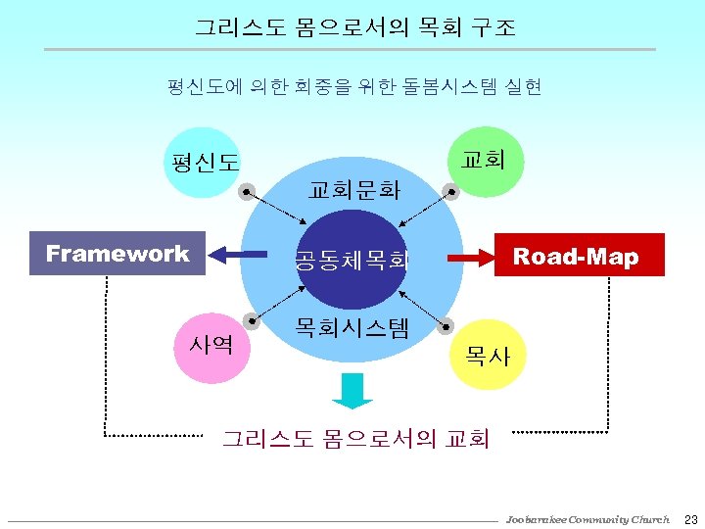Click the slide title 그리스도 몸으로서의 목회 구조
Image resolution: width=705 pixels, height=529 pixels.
pos(354,27)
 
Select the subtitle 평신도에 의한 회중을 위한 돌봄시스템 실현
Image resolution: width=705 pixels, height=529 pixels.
pos(354,87)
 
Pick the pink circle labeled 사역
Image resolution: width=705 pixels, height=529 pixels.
pos(211,345)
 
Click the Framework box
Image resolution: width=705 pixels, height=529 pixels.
pos(117,255)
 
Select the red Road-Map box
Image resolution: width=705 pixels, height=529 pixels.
pos(579,257)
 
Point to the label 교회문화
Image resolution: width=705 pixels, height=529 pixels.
pos(353,189)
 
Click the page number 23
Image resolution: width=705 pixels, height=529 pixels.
pos(690,518)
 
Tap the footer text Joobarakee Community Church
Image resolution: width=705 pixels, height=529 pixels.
pos(587,519)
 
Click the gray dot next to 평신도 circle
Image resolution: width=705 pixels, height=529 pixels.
pos(249,192)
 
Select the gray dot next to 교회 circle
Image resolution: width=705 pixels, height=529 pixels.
pos(450,192)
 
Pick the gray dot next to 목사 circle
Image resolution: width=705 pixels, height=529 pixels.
pos(450,323)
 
